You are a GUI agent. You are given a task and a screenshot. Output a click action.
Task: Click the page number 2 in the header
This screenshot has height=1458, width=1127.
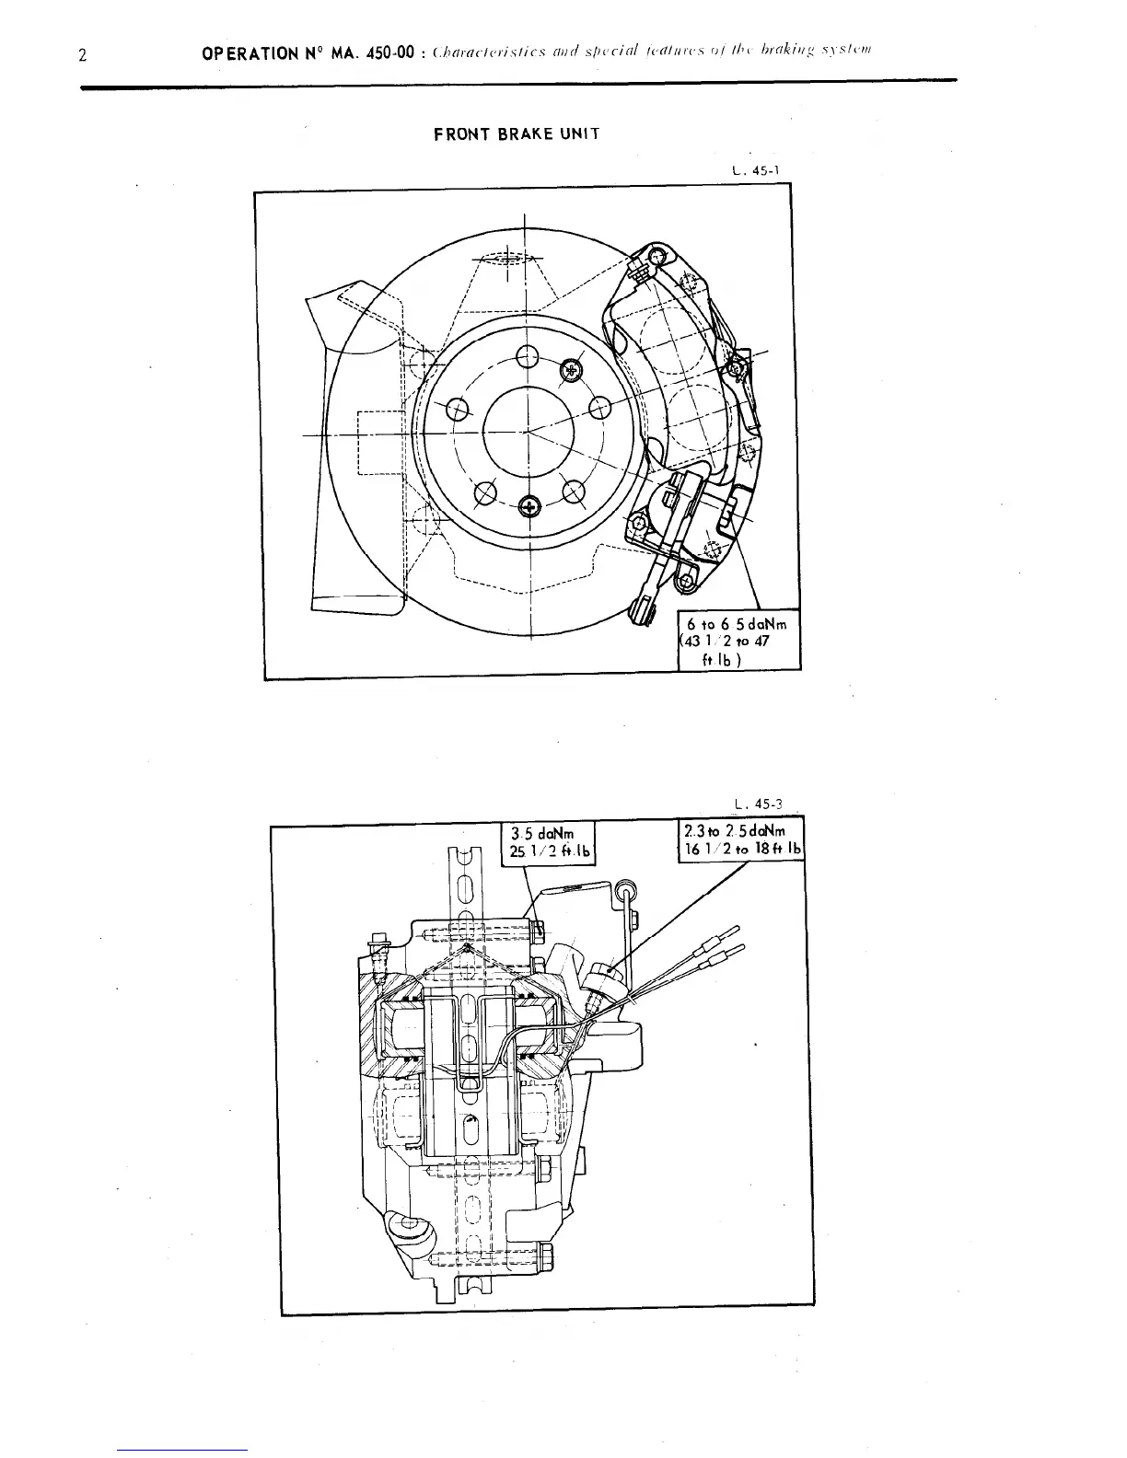(83, 55)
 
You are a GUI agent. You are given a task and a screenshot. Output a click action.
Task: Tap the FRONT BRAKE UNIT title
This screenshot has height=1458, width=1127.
(517, 134)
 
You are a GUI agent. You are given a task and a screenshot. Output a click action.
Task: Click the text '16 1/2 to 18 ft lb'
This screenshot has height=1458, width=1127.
(740, 849)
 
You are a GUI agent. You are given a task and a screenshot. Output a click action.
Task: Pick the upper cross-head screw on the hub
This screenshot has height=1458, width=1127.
(573, 369)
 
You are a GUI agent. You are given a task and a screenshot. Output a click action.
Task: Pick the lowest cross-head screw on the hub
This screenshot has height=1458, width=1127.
(529, 504)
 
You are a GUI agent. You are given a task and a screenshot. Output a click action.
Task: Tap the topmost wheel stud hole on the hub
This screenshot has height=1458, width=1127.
(527, 356)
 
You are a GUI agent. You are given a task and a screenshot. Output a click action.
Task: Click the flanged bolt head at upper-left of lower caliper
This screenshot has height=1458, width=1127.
(378, 942)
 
